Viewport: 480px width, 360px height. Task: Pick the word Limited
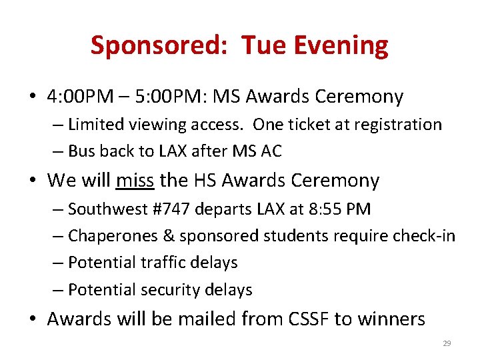point(97,125)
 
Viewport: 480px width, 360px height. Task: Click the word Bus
point(83,151)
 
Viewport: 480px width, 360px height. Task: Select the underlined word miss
point(135,180)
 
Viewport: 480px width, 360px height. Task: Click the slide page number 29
point(447,343)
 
